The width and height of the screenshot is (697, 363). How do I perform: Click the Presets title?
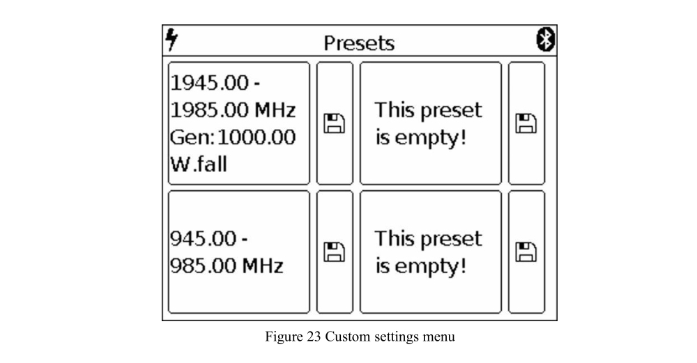pyautogui.click(x=359, y=43)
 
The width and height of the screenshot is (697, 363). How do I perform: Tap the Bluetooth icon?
pyautogui.click(x=546, y=40)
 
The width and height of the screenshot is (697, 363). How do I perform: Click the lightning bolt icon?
pyautogui.click(x=171, y=39)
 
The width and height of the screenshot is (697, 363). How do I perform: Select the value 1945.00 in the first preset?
pyautogui.click(x=210, y=83)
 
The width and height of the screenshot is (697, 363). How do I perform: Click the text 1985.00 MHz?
pyautogui.click(x=233, y=110)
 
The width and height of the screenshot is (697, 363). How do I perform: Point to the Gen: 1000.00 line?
pyautogui.click(x=233, y=137)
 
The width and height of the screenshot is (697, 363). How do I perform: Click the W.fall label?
pyautogui.click(x=199, y=164)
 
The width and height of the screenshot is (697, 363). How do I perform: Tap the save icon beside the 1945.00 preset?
pyautogui.click(x=335, y=123)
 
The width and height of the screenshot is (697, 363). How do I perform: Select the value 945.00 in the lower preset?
pyautogui.click(x=204, y=238)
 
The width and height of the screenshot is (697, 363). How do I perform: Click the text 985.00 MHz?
pyautogui.click(x=227, y=266)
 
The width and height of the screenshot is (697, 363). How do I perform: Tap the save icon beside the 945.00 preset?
pyautogui.click(x=335, y=252)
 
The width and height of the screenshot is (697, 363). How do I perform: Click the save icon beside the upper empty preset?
pyautogui.click(x=526, y=123)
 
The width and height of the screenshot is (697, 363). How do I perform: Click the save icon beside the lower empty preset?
pyautogui.click(x=526, y=252)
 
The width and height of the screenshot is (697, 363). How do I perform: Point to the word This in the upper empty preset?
pyautogui.click(x=394, y=110)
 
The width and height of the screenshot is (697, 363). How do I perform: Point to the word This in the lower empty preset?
pyautogui.click(x=394, y=238)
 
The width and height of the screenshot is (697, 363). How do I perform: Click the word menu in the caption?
pyautogui.click(x=438, y=337)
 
